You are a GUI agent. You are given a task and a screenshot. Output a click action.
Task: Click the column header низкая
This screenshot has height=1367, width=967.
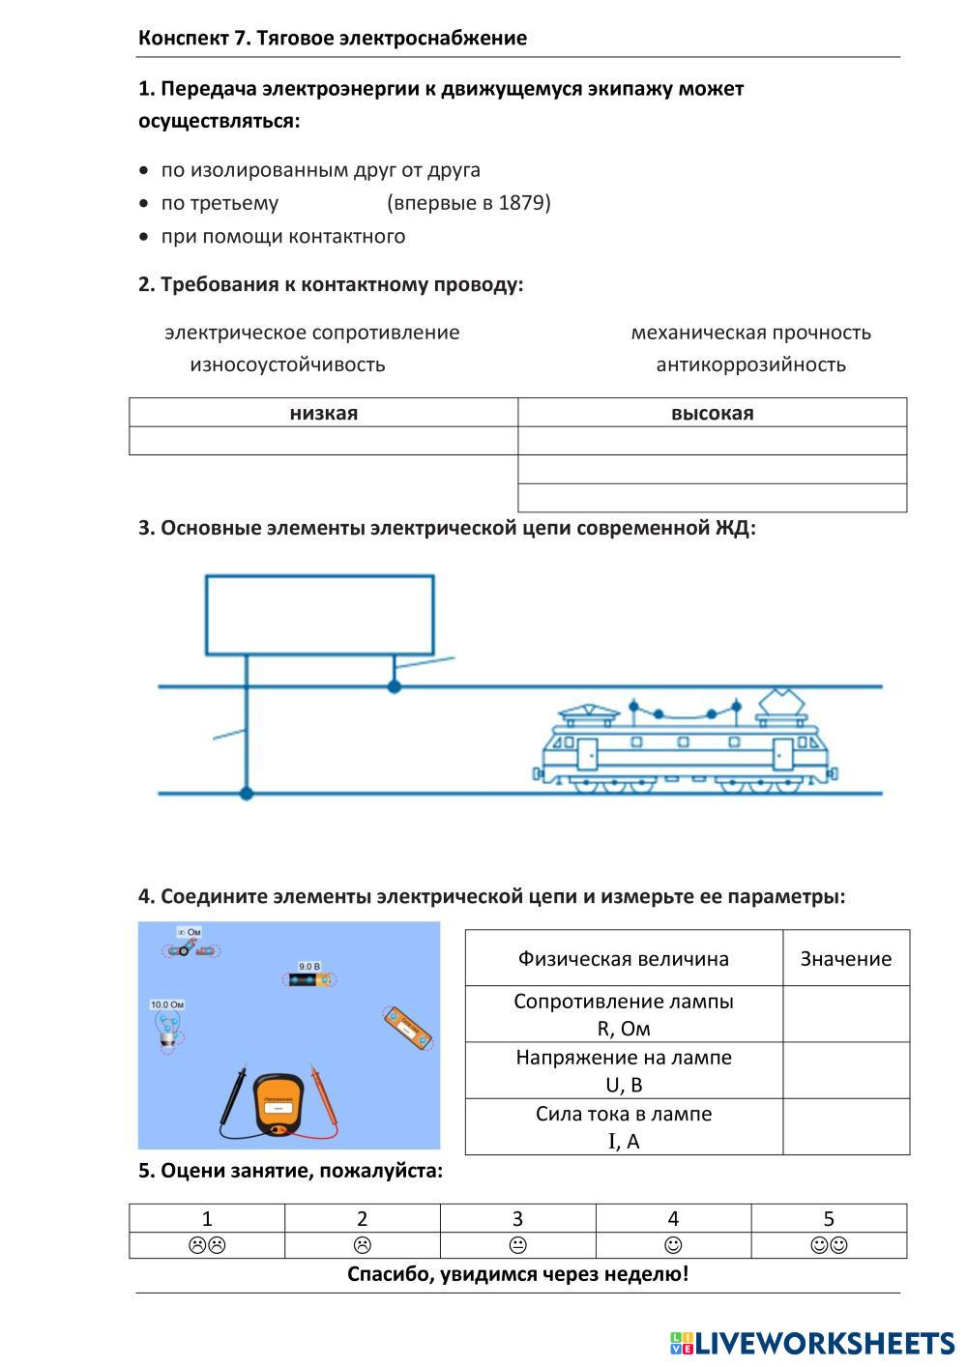323,413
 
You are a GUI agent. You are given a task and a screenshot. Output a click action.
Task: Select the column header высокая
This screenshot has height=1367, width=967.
712,413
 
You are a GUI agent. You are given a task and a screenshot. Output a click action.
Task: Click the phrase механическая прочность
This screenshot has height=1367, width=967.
750,333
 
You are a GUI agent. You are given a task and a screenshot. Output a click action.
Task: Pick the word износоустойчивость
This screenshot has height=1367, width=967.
287,364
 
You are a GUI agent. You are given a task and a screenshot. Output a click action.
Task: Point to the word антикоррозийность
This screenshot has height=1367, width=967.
750,364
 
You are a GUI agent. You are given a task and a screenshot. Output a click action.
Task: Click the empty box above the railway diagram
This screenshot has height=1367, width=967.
319,615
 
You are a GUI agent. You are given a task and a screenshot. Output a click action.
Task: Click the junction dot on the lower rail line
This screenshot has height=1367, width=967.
247,794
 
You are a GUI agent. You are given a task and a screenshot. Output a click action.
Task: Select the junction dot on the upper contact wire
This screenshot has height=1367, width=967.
394,686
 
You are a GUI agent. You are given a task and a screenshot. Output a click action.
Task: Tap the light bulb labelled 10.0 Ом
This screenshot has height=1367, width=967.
168,1028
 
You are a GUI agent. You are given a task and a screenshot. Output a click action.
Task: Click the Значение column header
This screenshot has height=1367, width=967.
845,958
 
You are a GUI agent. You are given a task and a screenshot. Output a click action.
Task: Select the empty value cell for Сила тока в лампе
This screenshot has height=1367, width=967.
845,1126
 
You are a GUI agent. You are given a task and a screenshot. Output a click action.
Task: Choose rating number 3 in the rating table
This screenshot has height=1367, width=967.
517,1218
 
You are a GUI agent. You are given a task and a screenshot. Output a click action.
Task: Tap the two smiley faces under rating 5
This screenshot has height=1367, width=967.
829,1245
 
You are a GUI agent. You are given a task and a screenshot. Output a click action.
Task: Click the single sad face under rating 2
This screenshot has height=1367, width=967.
363,1245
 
